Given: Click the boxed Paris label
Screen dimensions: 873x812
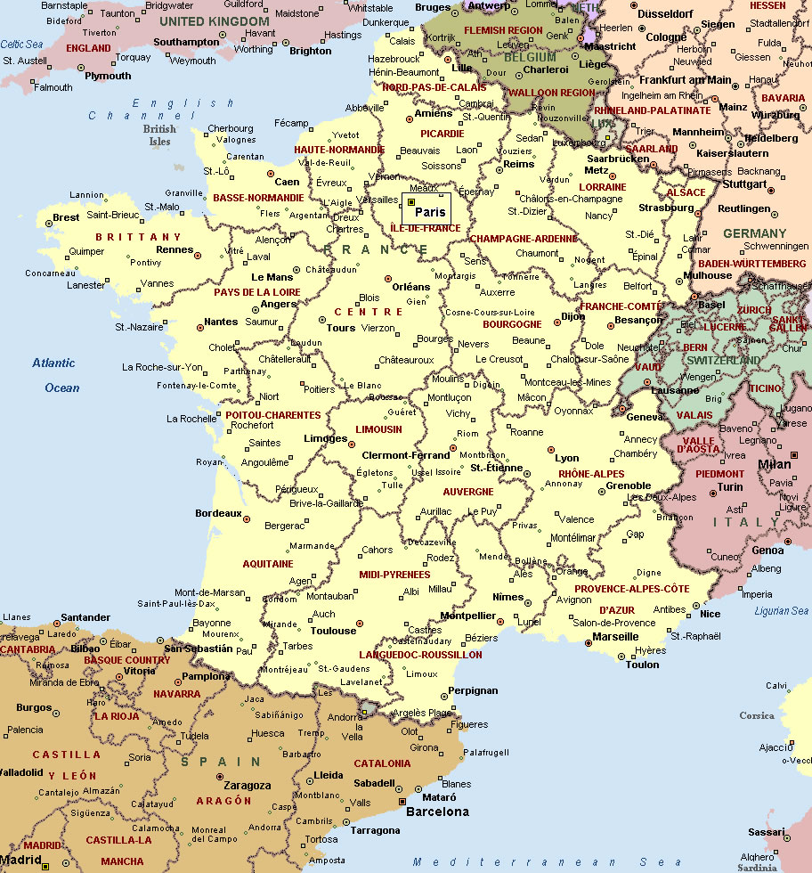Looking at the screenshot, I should [x=430, y=212].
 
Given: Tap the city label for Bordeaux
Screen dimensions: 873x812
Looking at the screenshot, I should [x=218, y=514].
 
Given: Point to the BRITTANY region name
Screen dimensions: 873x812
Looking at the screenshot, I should [x=138, y=237].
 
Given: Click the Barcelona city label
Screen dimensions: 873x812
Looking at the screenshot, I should [x=437, y=812].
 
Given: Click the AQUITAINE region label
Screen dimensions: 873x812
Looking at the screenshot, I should [x=268, y=564].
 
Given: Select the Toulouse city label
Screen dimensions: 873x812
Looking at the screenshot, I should [x=333, y=631].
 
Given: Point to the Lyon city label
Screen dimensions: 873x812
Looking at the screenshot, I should [x=567, y=459].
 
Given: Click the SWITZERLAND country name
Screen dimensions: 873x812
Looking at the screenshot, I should [x=723, y=361].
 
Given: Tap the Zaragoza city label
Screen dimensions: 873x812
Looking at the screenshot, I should [x=248, y=786].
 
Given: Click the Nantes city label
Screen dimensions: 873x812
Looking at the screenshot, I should [x=221, y=322].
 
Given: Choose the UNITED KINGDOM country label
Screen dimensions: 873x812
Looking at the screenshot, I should [x=214, y=20].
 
